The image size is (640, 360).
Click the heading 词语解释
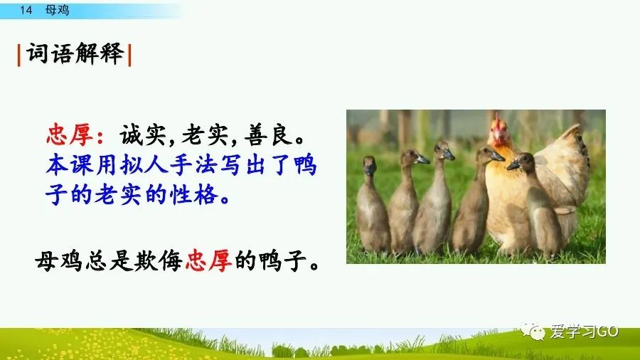[75, 54]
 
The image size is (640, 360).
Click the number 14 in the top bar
[27, 10]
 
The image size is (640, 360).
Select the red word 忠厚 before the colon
[69, 133]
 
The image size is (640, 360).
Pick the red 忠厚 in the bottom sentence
[208, 263]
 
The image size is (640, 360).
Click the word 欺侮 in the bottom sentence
[160, 263]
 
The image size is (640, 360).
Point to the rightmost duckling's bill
[513, 164]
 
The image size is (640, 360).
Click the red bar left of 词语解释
[19, 54]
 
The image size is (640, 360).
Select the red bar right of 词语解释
[130, 54]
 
